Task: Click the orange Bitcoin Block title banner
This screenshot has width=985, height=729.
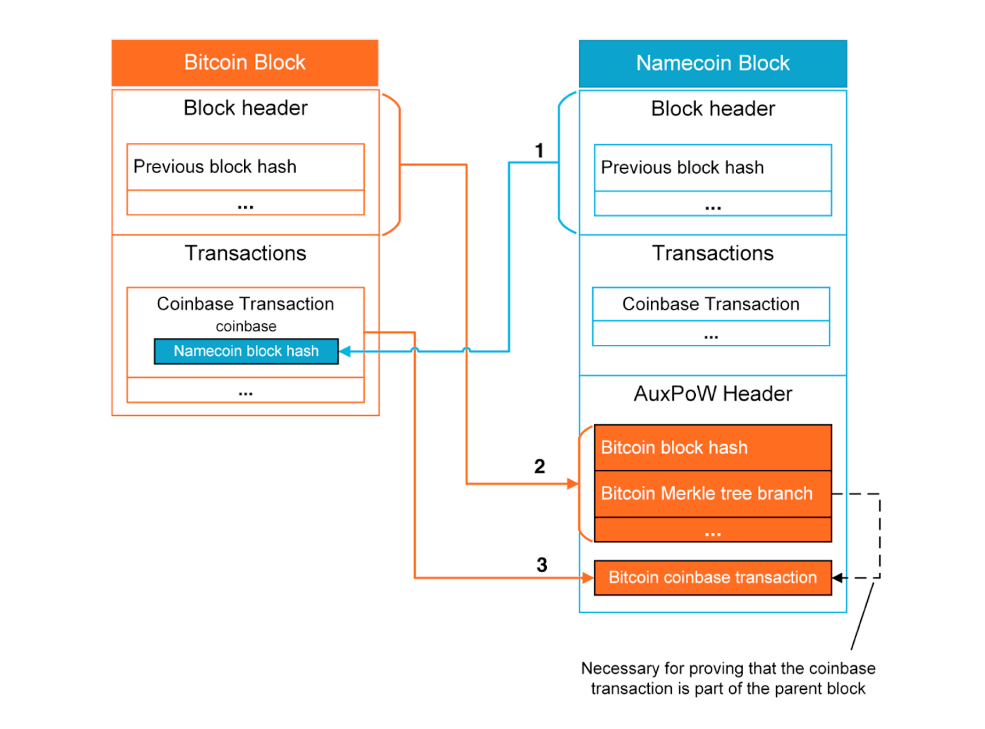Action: point(245,63)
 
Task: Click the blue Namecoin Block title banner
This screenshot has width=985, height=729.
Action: point(712,63)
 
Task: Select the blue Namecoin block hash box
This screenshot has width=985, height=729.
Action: point(246,351)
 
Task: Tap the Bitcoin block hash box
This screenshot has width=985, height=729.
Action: point(712,447)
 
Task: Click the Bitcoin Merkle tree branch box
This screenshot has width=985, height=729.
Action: point(712,494)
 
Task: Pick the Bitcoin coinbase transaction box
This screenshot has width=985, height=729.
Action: point(712,577)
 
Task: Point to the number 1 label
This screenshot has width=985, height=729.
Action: point(539,151)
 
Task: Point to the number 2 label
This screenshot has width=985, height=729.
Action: point(539,467)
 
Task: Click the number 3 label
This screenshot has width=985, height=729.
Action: point(542,565)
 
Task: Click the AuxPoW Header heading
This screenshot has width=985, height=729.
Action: point(712,394)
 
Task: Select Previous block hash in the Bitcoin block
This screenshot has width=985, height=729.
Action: point(215,166)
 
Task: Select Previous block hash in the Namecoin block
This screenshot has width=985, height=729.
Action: point(682,167)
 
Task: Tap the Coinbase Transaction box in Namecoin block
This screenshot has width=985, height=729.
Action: point(710,304)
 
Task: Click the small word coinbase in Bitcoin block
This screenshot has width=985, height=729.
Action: point(246,326)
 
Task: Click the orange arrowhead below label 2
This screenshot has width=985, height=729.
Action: point(573,484)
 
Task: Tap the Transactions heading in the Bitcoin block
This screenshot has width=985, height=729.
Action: point(246,253)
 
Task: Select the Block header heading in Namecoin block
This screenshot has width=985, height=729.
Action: point(712,109)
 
